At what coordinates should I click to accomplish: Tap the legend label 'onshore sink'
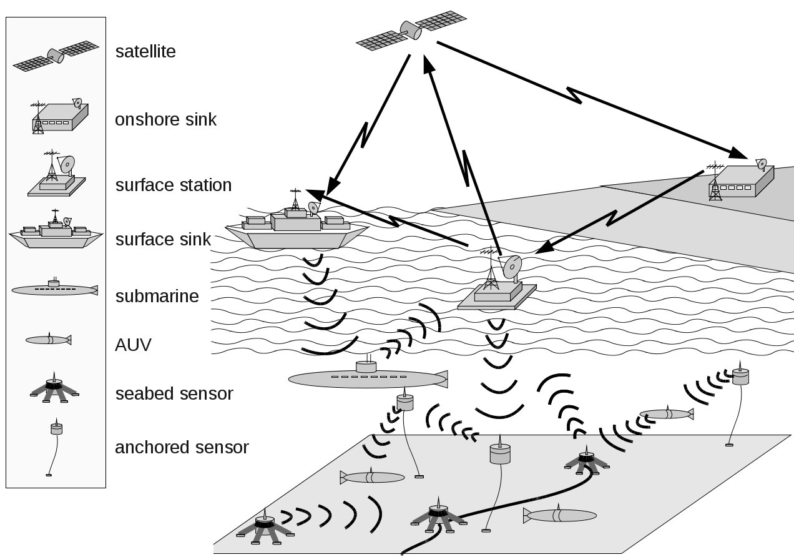pos(165,119)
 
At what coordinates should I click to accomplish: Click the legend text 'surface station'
pos(173,185)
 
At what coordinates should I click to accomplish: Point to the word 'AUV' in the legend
pos(133,345)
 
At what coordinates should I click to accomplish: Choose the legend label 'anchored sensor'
pos(182,448)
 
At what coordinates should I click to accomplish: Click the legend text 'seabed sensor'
pos(174,394)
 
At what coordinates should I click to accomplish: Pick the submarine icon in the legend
pos(55,289)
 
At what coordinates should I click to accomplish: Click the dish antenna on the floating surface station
pos(511,267)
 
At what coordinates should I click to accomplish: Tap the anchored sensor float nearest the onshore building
pos(740,376)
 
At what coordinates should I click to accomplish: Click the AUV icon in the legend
pos(48,340)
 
